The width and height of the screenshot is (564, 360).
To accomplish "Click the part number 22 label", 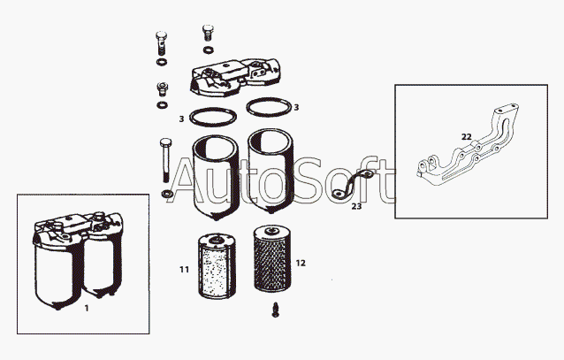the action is (x=466, y=137).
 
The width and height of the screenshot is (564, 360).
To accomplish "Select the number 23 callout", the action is (x=356, y=206).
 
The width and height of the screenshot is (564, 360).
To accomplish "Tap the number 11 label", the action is (x=184, y=269).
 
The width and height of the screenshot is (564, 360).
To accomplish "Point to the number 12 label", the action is (x=301, y=264).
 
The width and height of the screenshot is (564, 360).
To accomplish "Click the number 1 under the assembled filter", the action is (x=87, y=308).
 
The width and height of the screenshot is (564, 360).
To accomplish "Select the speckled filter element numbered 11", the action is (x=217, y=266).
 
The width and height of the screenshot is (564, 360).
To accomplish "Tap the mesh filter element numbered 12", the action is (x=271, y=258).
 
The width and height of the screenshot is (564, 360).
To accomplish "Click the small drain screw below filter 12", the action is (x=276, y=310).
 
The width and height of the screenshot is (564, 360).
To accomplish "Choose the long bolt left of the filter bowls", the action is (x=165, y=159).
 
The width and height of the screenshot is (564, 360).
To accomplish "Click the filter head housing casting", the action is (x=236, y=78).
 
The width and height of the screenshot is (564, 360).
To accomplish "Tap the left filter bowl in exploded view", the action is (x=216, y=177).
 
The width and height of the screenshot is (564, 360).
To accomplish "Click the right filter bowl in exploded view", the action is (x=271, y=172).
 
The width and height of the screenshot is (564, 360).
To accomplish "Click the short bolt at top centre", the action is (x=208, y=33).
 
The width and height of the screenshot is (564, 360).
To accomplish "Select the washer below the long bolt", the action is (x=166, y=195).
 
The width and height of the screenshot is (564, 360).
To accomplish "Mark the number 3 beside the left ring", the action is (x=181, y=119).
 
